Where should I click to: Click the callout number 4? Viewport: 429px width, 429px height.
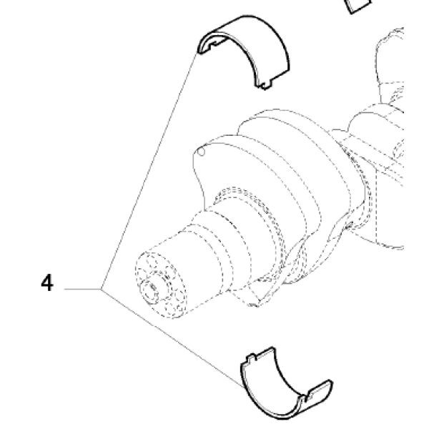[x=47, y=283]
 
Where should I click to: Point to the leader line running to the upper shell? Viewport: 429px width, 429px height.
[x=149, y=171]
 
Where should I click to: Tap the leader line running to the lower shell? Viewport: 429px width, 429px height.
[x=172, y=338]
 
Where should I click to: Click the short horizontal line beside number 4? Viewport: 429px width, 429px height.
[x=83, y=289]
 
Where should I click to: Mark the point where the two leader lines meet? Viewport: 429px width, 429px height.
[x=101, y=289]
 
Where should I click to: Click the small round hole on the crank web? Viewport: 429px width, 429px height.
[x=201, y=152]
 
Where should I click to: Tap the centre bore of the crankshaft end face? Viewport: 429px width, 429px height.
[x=153, y=287]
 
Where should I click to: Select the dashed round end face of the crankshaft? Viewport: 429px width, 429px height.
[x=161, y=285]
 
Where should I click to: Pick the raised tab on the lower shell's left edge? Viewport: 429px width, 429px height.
[x=252, y=357]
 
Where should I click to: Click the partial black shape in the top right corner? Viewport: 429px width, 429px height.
[x=359, y=6]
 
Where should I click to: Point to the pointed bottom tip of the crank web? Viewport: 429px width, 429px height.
[x=254, y=305]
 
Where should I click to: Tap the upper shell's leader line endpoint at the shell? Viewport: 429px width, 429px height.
[x=197, y=52]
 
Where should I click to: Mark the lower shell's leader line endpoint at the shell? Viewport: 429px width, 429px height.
[x=244, y=388]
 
